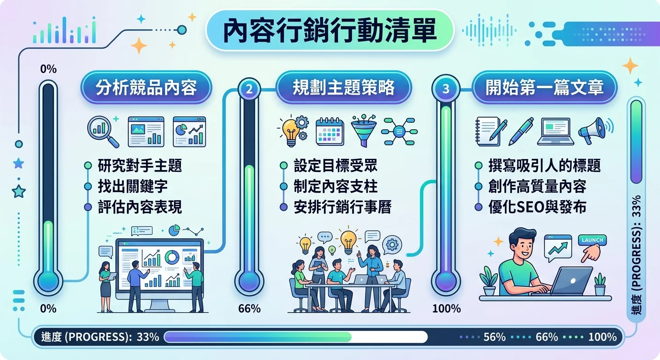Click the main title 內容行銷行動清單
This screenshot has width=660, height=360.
point(330,30)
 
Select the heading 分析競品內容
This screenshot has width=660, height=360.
point(146,88)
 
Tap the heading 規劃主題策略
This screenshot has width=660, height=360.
point(343,88)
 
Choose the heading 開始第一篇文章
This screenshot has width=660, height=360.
point(544,88)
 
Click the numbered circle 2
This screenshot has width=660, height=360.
point(249,89)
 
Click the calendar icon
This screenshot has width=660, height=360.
point(330,130)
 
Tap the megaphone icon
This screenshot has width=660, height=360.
point(594,130)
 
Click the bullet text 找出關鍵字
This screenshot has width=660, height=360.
point(133,186)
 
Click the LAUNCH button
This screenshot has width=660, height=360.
point(592,240)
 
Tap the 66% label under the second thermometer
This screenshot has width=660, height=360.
point(249,308)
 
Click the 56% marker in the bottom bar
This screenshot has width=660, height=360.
point(494,337)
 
